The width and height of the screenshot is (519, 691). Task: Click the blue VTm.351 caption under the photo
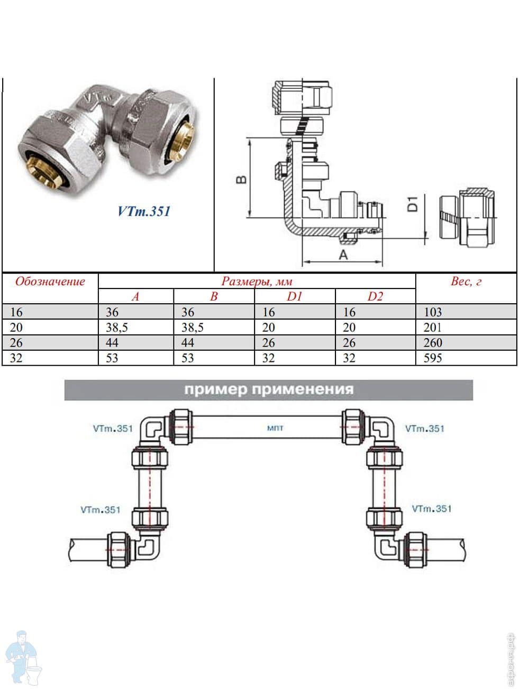[144, 211]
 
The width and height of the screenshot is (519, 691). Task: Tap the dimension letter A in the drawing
[343, 255]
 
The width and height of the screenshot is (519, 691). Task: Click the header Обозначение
[50, 281]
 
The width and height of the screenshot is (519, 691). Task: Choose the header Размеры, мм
[257, 281]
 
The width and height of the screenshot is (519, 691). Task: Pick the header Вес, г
[466, 281]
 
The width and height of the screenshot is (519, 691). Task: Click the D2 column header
[375, 296]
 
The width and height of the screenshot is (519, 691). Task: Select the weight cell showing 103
[432, 312]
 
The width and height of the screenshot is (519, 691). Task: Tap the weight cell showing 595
[432, 358]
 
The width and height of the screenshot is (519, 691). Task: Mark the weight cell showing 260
[432, 343]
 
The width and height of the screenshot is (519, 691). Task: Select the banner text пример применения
[268, 390]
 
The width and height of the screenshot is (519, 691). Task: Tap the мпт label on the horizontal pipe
[275, 427]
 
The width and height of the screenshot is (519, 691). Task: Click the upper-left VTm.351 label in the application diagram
[112, 428]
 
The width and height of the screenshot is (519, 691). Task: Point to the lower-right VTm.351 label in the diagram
[432, 508]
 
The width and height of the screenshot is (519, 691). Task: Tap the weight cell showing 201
[432, 328]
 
